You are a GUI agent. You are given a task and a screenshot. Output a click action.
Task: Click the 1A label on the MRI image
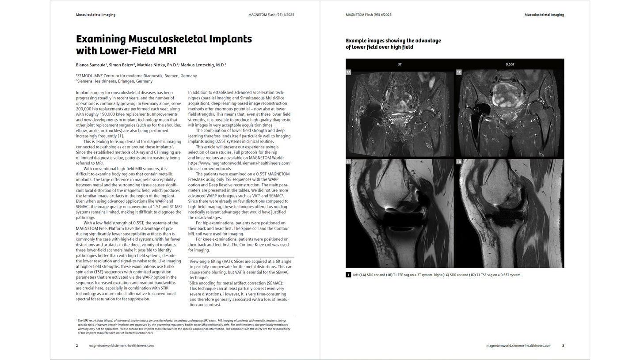tap(348, 72)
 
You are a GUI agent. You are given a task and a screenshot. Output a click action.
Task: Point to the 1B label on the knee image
tap(348, 162)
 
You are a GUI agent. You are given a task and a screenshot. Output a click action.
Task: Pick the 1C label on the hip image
tap(459, 72)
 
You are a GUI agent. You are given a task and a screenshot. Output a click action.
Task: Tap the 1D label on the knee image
tap(459, 162)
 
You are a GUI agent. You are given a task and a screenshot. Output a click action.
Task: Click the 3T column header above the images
tap(400, 64)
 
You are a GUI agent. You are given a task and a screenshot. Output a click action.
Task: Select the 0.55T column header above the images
tap(510, 64)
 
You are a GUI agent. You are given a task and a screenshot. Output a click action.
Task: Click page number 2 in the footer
tap(77, 346)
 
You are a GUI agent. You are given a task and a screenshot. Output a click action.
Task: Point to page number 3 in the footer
tap(563, 346)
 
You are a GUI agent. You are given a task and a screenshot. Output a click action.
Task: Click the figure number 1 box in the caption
tap(348, 275)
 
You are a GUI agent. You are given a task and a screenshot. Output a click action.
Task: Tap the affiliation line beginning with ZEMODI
tap(136, 76)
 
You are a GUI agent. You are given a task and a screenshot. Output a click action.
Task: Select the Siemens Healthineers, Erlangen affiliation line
tap(114, 81)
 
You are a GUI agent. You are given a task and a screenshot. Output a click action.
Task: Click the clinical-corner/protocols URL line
tap(210, 169)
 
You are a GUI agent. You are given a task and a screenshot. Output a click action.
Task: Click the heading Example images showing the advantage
tap(393, 41)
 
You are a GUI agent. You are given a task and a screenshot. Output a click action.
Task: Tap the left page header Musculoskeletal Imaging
tap(95, 15)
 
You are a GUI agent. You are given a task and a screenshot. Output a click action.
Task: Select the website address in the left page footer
tap(121, 346)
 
